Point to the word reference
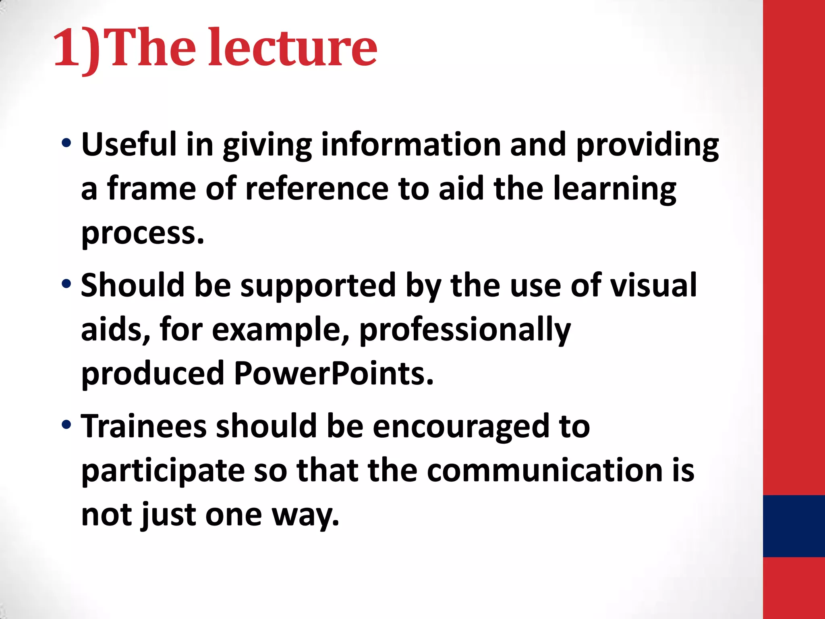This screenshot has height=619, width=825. pos(317,189)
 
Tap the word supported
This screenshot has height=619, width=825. pos(318,285)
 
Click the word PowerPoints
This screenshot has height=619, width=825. pos(334,373)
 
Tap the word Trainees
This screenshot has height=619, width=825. pos(143,426)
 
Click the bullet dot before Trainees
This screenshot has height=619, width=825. pos(66,425)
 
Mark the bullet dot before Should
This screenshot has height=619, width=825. pos(66,284)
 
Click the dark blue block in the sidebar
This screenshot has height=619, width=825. pos(794,526)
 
